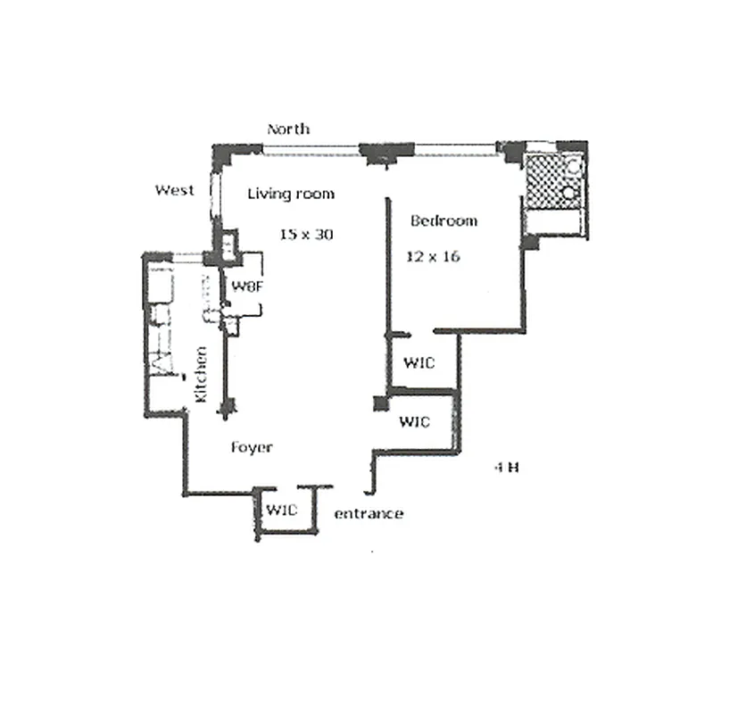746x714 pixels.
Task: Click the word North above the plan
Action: click(288, 129)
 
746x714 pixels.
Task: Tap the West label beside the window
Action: click(175, 190)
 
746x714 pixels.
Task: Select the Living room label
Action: click(291, 194)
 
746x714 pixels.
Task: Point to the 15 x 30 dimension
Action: click(300, 235)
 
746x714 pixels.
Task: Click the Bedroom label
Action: click(443, 220)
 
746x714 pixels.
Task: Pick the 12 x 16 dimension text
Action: click(434, 256)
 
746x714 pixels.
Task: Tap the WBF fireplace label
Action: click(245, 286)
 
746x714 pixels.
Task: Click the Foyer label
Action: click(252, 447)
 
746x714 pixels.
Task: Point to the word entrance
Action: click(368, 514)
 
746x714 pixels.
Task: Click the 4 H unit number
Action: click(506, 467)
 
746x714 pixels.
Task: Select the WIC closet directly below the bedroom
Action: click(419, 363)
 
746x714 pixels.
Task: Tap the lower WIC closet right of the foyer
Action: click(414, 421)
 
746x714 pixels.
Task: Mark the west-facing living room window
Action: click(214, 195)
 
